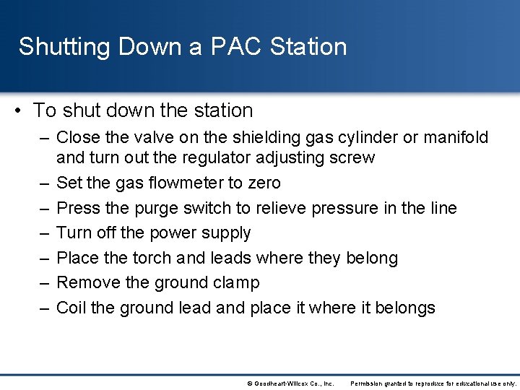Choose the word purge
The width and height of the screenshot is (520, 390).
click(x=154, y=208)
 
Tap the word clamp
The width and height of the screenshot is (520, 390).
click(x=235, y=282)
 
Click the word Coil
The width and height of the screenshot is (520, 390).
click(x=71, y=308)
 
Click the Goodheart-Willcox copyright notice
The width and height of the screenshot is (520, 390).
click(x=290, y=383)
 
